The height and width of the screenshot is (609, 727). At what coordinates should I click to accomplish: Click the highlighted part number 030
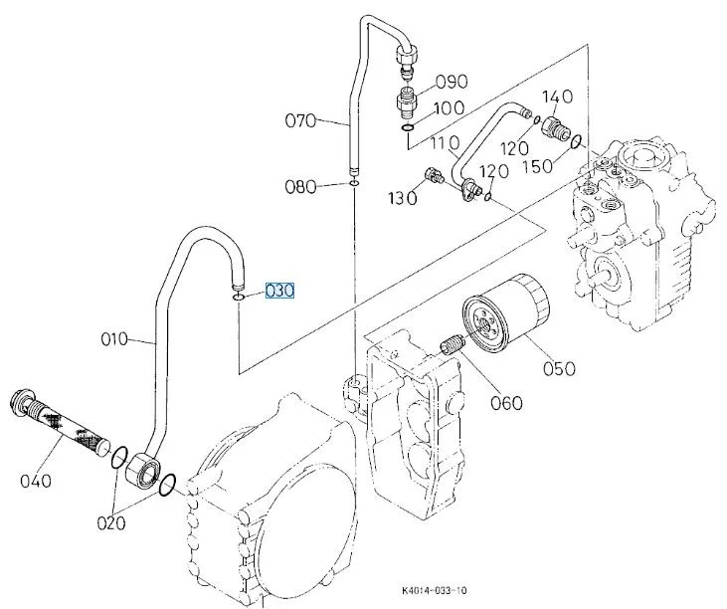[279, 292]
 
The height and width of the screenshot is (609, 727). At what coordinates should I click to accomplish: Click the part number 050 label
[559, 368]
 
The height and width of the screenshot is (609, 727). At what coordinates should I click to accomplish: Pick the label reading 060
[506, 403]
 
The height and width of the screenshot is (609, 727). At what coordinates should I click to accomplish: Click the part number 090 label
[451, 81]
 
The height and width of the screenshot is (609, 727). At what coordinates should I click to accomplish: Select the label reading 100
[449, 106]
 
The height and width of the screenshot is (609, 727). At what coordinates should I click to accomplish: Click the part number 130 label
[403, 199]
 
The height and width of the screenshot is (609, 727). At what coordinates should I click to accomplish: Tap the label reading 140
[557, 96]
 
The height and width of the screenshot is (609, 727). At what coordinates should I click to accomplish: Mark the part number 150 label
[538, 164]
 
